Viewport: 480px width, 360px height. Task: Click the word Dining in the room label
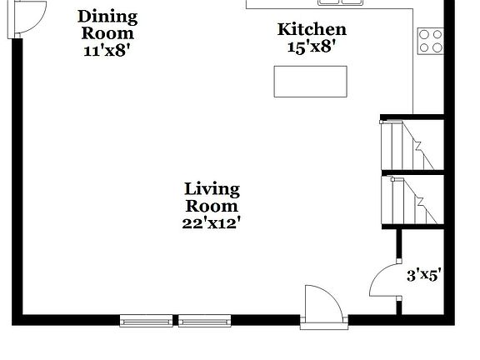click(107, 17)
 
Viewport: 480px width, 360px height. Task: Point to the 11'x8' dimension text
click(107, 49)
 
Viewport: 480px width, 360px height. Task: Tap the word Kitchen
click(312, 30)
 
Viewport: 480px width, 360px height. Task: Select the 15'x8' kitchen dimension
click(311, 47)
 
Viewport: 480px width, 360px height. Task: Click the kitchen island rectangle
click(310, 82)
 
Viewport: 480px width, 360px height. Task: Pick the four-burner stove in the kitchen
click(430, 41)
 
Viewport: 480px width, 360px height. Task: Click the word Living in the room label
click(212, 189)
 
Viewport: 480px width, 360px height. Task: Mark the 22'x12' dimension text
click(212, 222)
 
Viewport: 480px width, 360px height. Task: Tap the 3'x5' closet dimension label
click(423, 274)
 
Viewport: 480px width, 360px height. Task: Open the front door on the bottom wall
click(323, 307)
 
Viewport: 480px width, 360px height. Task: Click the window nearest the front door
click(202, 320)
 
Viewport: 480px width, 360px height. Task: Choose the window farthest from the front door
click(146, 320)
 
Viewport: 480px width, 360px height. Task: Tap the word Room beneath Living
click(212, 206)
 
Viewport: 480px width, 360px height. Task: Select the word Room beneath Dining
click(107, 33)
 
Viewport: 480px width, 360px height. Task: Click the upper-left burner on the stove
click(424, 35)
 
